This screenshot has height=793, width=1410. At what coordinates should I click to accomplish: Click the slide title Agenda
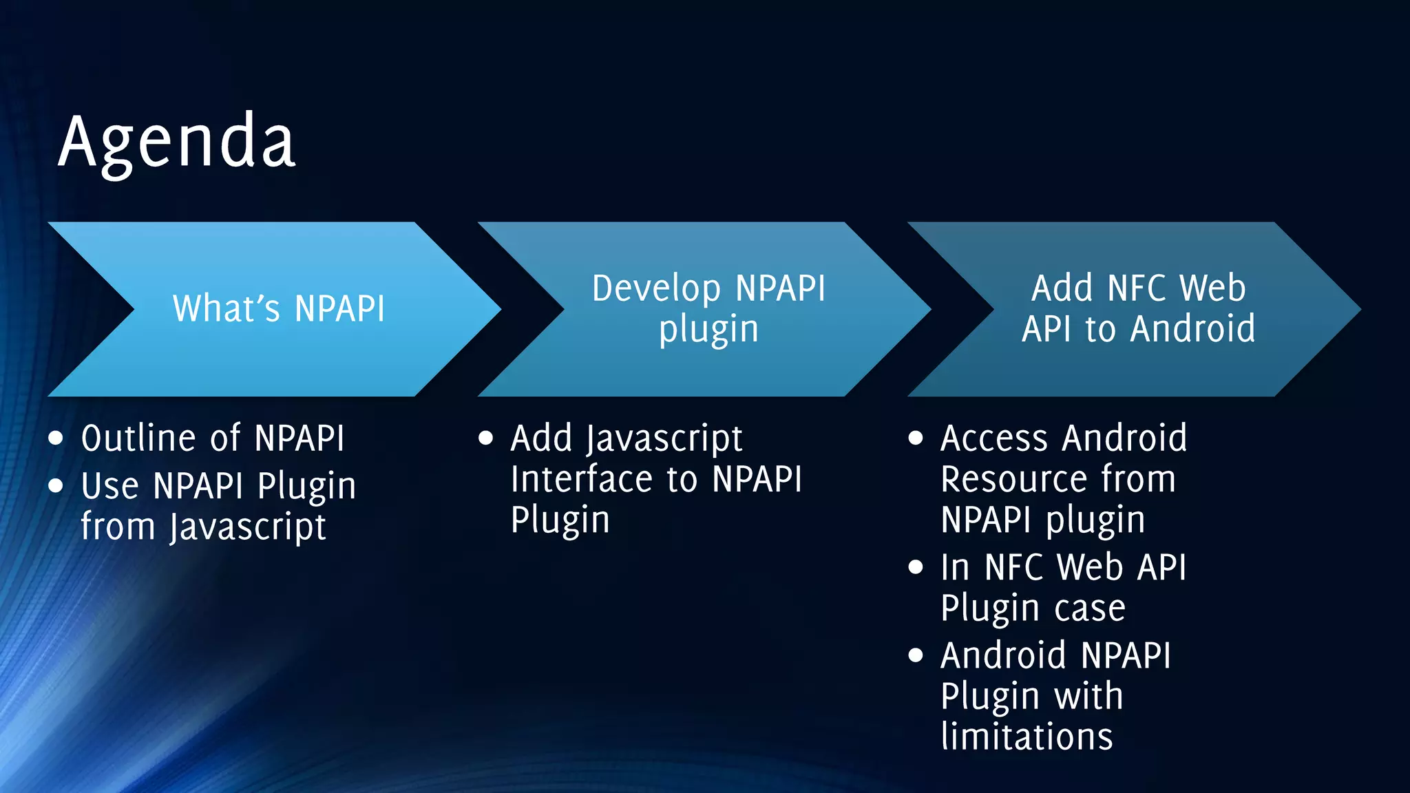tap(177, 142)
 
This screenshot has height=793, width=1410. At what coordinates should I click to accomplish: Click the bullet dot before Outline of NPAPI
tap(56, 438)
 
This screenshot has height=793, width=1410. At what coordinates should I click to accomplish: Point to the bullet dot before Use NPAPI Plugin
tap(56, 486)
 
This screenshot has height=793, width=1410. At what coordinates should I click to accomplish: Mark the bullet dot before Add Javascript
tap(485, 438)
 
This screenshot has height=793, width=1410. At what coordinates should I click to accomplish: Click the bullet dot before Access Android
tap(916, 438)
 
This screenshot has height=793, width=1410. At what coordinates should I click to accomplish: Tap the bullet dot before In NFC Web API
tap(916, 567)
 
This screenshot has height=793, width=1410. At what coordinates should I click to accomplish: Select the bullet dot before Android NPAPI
tap(916, 655)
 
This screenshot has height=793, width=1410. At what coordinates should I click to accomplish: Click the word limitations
tap(1027, 737)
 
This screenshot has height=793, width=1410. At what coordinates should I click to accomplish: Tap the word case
tap(1090, 609)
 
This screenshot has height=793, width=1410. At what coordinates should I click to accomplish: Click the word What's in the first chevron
tap(227, 308)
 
